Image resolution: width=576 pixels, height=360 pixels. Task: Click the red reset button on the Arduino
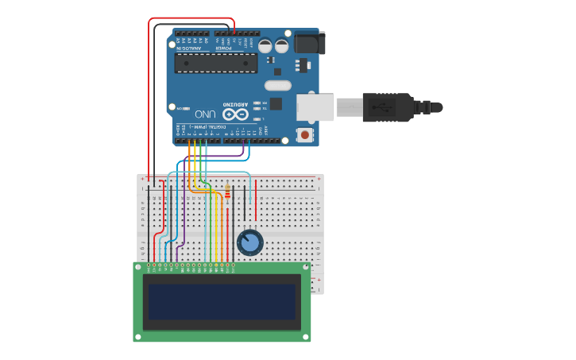(x=304, y=135)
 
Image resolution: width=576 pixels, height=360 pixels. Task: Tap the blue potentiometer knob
(x=249, y=242)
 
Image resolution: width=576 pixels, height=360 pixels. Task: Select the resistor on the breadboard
(x=227, y=192)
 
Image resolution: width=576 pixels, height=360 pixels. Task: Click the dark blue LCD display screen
(x=222, y=302)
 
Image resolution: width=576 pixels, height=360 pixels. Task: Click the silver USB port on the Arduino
(x=315, y=107)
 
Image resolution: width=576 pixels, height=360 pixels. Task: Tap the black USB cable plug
(x=388, y=107)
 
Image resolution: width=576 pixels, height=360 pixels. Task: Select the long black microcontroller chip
(x=215, y=64)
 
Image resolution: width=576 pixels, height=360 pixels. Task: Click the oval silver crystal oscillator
(x=278, y=85)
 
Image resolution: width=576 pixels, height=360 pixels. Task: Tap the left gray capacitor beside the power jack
(x=265, y=46)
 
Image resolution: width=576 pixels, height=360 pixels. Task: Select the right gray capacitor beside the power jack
(x=282, y=46)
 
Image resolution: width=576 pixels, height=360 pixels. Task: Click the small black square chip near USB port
(x=276, y=103)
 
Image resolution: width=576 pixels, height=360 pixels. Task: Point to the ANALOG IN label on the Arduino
(x=191, y=48)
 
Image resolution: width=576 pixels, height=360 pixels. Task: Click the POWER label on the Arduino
(x=225, y=48)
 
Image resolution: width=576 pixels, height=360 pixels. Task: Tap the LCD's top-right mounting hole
(x=305, y=268)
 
